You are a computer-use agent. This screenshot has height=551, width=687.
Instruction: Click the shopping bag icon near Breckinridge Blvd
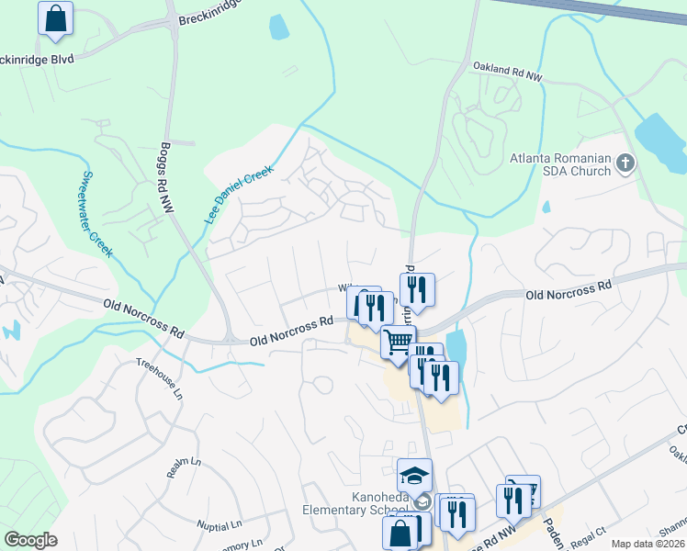[55, 19]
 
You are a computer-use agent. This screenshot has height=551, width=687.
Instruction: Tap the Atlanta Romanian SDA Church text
[560, 164]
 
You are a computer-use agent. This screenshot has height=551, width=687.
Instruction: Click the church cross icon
[625, 164]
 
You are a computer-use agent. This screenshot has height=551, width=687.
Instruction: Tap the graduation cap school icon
[414, 476]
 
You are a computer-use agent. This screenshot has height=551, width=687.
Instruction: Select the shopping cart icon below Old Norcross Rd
[398, 343]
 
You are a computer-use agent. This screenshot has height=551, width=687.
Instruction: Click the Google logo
[30, 539]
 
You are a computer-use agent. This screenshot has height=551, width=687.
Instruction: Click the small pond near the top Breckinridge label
[278, 28]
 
